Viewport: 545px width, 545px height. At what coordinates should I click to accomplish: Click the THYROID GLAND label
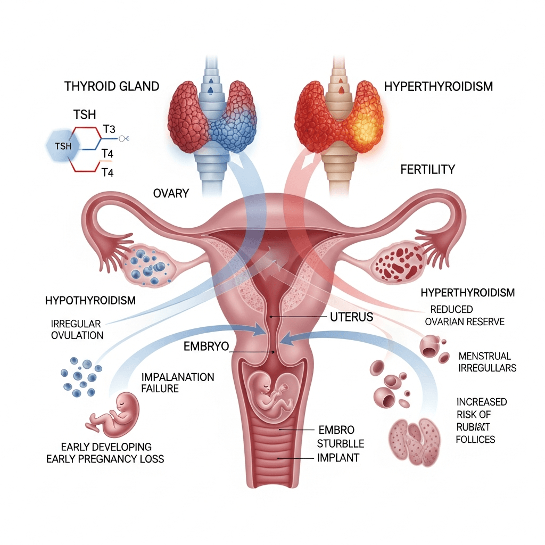coord(111,86)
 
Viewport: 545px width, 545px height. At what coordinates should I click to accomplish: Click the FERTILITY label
coord(427,170)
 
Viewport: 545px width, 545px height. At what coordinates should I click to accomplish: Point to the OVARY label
coord(171,193)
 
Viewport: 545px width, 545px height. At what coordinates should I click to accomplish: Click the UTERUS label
coord(348,317)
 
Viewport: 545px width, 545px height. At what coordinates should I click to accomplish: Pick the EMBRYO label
coord(206,346)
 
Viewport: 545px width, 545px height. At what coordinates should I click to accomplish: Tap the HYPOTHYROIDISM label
coord(90,301)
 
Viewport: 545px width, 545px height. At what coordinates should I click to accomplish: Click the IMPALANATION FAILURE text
coord(177,383)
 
